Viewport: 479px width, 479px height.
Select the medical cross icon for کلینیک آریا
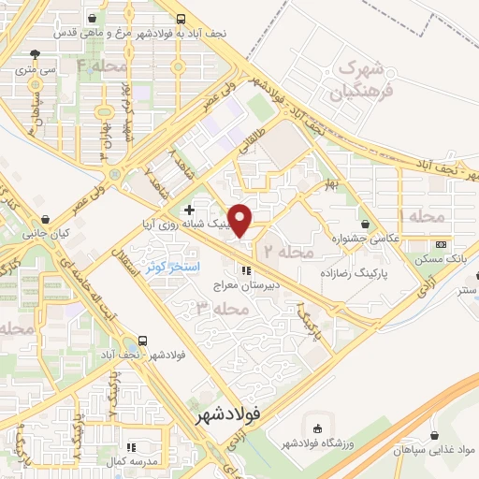coord(190,209)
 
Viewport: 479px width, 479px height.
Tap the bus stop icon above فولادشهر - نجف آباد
coord(142,341)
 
